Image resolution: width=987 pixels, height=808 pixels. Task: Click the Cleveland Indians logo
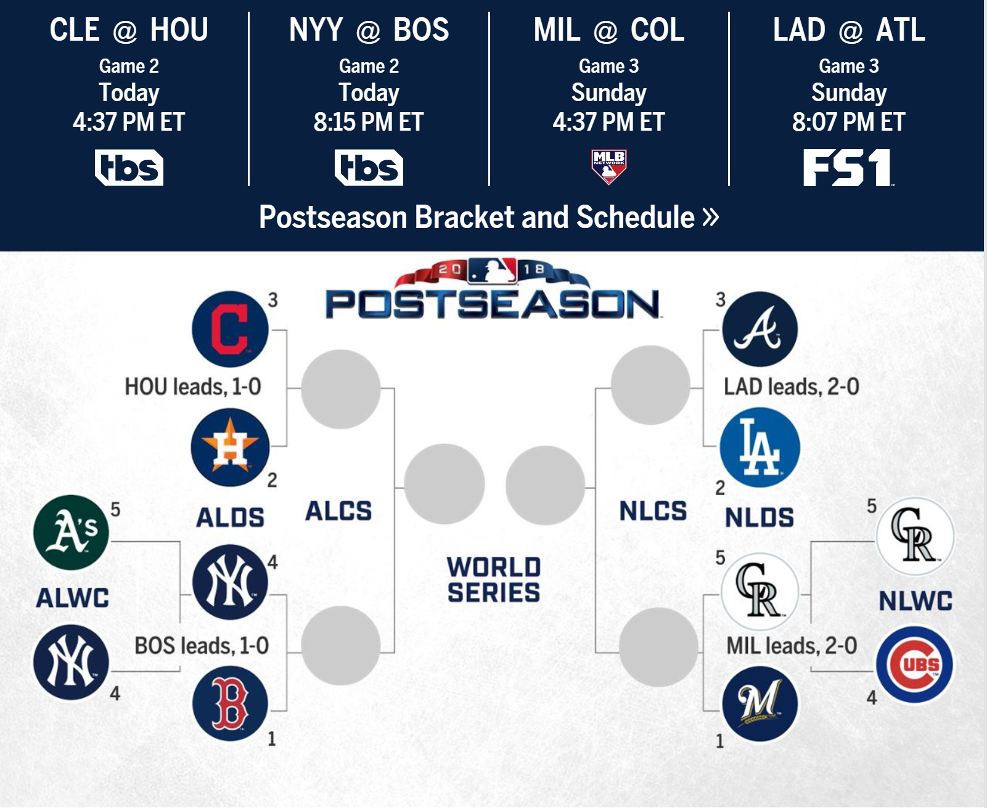pos(230,329)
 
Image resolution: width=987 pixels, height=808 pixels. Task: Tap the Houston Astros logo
pos(230,447)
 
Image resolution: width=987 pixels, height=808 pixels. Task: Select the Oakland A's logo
pos(71,533)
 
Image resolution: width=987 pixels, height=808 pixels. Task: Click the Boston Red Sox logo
pos(230,703)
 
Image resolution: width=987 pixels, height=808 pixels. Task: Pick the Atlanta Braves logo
pos(760,329)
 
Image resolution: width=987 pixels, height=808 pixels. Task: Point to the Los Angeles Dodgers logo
pos(760,447)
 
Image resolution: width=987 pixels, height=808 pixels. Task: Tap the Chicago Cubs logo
pos(914,664)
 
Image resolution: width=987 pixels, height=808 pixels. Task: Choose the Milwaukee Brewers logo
pos(760,704)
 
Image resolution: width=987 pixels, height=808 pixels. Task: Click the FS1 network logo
pos(848,168)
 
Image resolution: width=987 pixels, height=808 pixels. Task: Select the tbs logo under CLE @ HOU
pos(129,168)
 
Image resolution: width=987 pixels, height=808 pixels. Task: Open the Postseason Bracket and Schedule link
pos(489,217)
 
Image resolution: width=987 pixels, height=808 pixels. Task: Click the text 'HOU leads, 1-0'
pos(193,387)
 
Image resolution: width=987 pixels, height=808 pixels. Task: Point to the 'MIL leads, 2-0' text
pos(792,646)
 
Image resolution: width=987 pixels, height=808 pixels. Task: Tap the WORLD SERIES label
pos(494,580)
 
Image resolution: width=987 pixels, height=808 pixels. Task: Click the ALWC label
pos(73,598)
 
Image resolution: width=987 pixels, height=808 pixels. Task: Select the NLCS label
pos(653,511)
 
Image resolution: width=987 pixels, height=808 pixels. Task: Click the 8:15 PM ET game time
pos(369,122)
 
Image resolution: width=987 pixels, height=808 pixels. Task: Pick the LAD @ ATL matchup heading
pos(849,30)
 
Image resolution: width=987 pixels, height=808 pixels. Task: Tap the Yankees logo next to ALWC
pos(71,663)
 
